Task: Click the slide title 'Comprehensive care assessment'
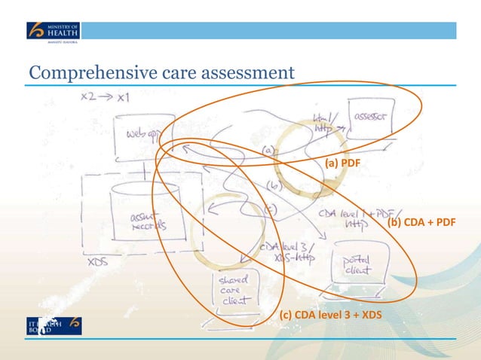[161, 72]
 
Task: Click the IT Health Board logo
[54, 325]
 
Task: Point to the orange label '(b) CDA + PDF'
[421, 224]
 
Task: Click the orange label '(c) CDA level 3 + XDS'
[331, 314]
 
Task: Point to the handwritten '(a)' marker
[268, 151]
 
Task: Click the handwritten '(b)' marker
[274, 185]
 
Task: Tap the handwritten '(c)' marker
[272, 208]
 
